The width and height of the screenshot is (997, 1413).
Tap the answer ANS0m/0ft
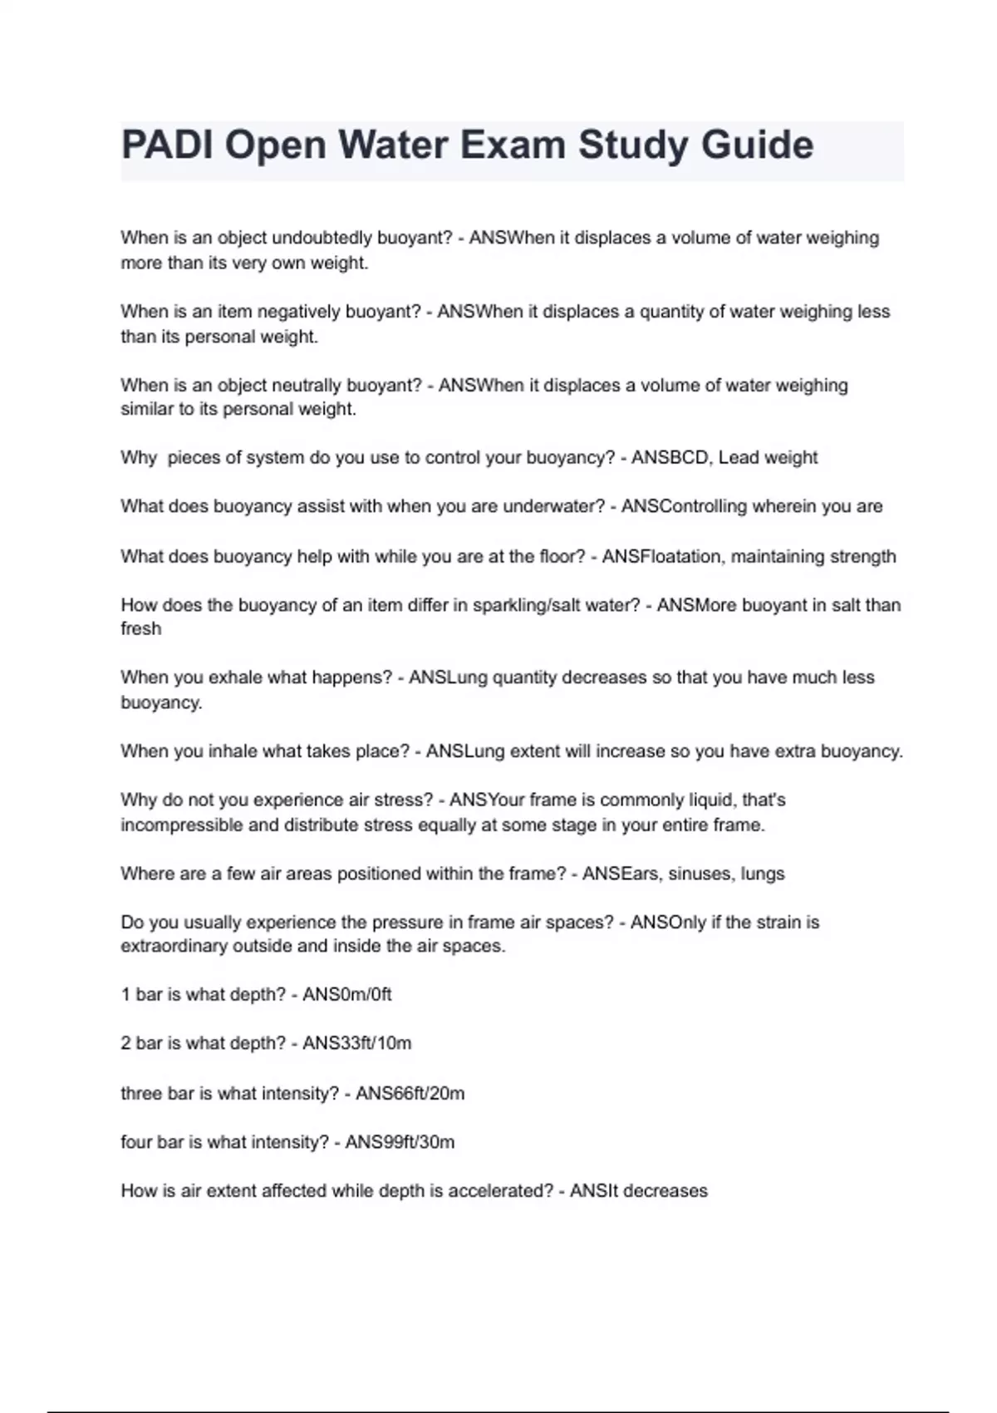pyautogui.click(x=347, y=995)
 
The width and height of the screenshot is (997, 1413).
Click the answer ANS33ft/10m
pyautogui.click(x=357, y=1044)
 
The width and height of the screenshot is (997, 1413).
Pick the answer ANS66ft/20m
pyautogui.click(x=410, y=1094)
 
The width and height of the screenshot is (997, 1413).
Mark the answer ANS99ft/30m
pyautogui.click(x=400, y=1143)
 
